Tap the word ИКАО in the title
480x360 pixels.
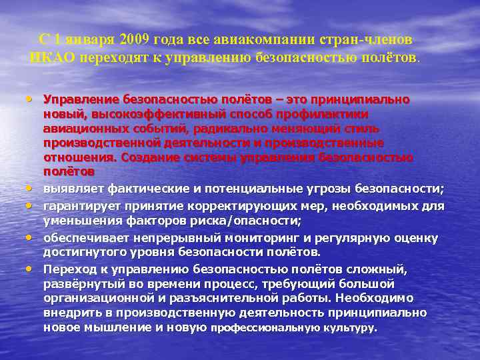[x=52, y=57]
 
